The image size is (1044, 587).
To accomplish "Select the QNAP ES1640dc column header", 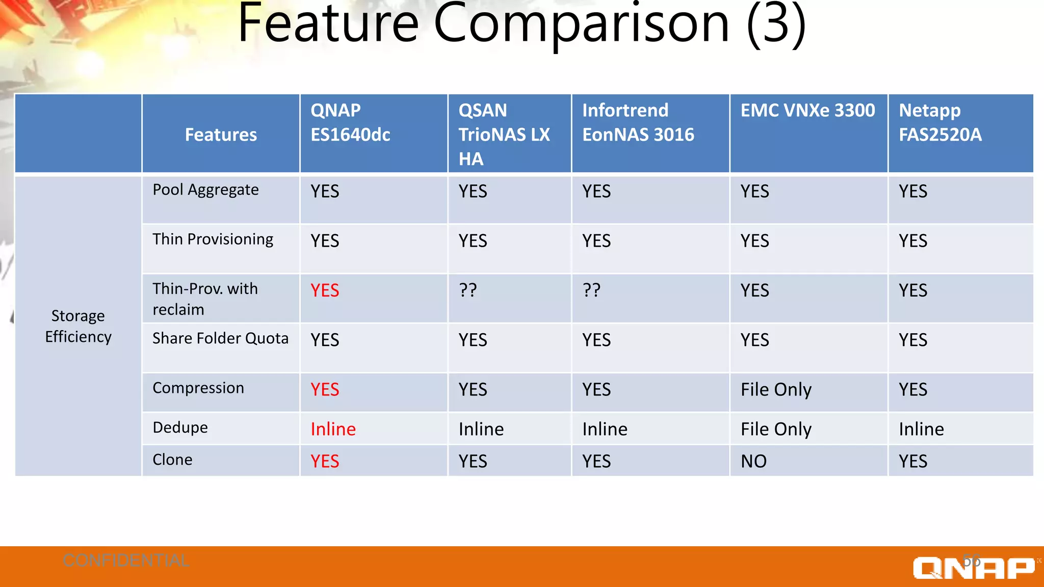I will click(x=350, y=123).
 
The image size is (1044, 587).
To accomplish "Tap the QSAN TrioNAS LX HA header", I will click(x=504, y=135).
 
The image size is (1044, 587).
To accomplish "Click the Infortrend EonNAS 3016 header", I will click(x=638, y=123).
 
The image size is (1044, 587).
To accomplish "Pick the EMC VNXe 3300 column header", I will click(x=807, y=111).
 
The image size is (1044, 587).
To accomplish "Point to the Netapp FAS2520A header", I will click(x=939, y=123).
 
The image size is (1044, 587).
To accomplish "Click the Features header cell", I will click(x=221, y=135).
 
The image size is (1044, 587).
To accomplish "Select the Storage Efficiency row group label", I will click(x=78, y=326).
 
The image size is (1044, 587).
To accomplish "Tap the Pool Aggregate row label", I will click(x=205, y=190).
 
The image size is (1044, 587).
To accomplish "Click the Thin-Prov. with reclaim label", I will click(x=205, y=299).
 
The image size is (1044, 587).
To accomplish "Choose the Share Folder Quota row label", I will click(x=220, y=338).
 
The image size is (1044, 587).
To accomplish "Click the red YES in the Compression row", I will click(x=325, y=390).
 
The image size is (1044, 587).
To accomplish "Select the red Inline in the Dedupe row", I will click(x=333, y=429).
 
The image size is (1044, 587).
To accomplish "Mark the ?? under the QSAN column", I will click(x=468, y=290).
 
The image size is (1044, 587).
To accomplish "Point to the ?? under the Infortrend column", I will click(x=592, y=290).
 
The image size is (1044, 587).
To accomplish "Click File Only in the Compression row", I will click(x=776, y=390).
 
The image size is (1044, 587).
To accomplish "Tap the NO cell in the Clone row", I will click(x=753, y=462).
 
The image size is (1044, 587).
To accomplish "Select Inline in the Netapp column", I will click(x=921, y=429).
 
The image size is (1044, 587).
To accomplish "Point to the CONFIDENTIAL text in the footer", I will click(x=126, y=561).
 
